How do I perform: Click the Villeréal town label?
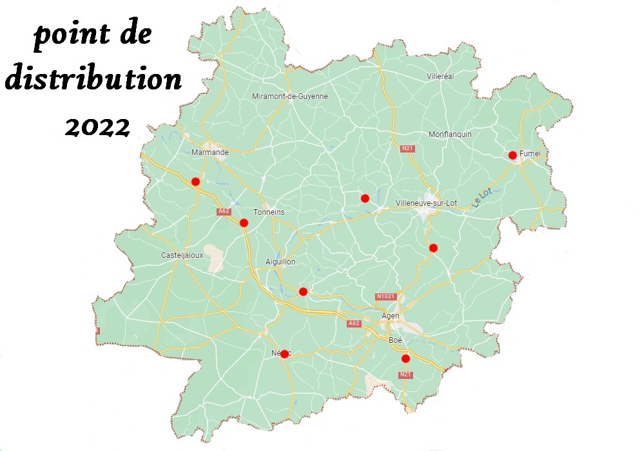point(441,76)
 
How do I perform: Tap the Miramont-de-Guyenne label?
point(289,97)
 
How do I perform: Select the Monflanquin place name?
point(450,134)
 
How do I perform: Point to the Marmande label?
point(210,152)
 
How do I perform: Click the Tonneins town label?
point(269,212)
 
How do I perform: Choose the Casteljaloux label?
point(180,255)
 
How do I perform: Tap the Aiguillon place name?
point(280,262)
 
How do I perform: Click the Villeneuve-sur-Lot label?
point(425,203)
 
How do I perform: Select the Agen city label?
point(391,316)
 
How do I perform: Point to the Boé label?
point(395,339)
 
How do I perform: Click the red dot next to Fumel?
point(512,155)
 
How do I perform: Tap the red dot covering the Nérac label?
point(284,354)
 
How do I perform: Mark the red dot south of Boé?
point(405,358)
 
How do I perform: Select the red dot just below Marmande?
point(196,182)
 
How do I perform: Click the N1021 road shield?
point(385,297)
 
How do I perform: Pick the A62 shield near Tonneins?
point(224,211)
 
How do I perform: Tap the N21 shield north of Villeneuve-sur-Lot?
point(407,149)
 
